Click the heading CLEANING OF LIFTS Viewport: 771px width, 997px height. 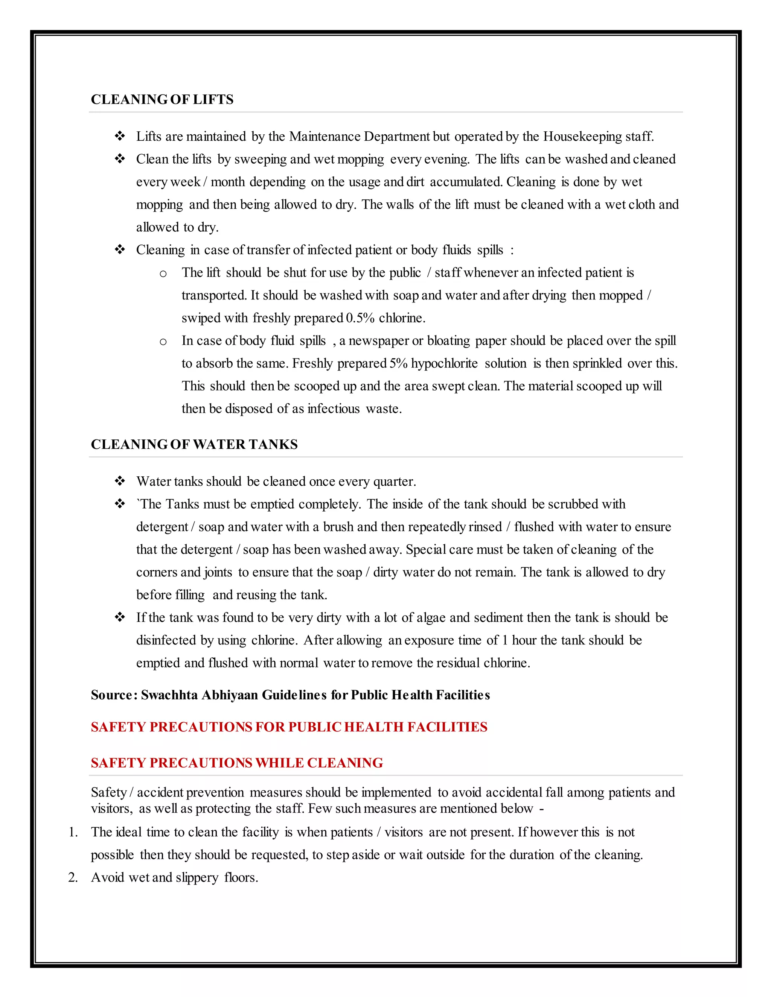point(162,100)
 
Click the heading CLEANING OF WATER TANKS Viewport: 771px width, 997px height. point(194,444)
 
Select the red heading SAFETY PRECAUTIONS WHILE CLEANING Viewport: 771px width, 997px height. point(236,763)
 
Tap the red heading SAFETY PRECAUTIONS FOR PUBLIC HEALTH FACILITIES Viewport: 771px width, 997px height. point(289,727)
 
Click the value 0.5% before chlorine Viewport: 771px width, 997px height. point(360,318)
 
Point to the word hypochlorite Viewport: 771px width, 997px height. point(445,363)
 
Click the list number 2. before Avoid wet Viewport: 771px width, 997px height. point(73,877)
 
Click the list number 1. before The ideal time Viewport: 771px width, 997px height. point(73,832)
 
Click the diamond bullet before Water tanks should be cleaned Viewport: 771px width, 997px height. point(120,481)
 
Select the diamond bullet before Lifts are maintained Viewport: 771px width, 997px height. point(120,137)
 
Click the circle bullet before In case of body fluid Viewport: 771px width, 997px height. point(163,342)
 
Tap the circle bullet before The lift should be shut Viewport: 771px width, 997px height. point(163,274)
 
